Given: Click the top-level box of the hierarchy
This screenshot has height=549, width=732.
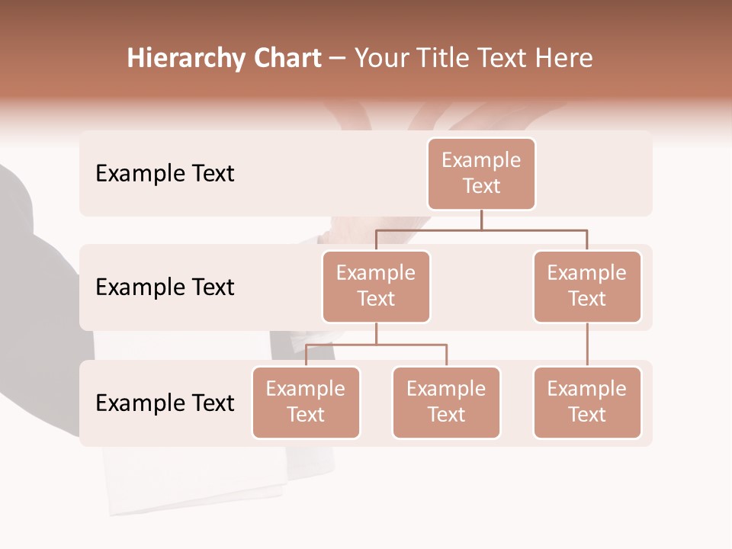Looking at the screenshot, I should (481, 174).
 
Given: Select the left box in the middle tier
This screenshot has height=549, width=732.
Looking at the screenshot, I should (376, 287).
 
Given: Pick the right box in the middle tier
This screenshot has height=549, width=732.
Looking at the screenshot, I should (587, 287).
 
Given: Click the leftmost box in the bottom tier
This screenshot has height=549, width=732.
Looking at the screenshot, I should (306, 403).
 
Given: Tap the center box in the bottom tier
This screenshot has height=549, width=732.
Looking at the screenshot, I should (446, 403).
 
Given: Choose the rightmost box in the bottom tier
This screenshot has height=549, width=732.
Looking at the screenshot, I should (587, 403).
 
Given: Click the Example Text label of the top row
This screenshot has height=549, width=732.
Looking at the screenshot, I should (165, 174).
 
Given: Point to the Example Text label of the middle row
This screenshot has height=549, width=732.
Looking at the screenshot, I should (165, 287).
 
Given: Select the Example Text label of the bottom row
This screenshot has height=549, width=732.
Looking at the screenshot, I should (165, 403).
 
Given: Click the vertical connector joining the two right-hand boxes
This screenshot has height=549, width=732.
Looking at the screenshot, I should (587, 345).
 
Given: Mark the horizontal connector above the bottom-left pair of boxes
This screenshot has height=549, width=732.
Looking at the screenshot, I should (376, 345).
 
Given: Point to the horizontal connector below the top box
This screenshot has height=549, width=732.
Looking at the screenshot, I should (481, 229).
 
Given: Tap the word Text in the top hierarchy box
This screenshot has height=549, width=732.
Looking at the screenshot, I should (481, 186).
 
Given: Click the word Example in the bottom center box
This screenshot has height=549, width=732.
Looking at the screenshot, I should (446, 389).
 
